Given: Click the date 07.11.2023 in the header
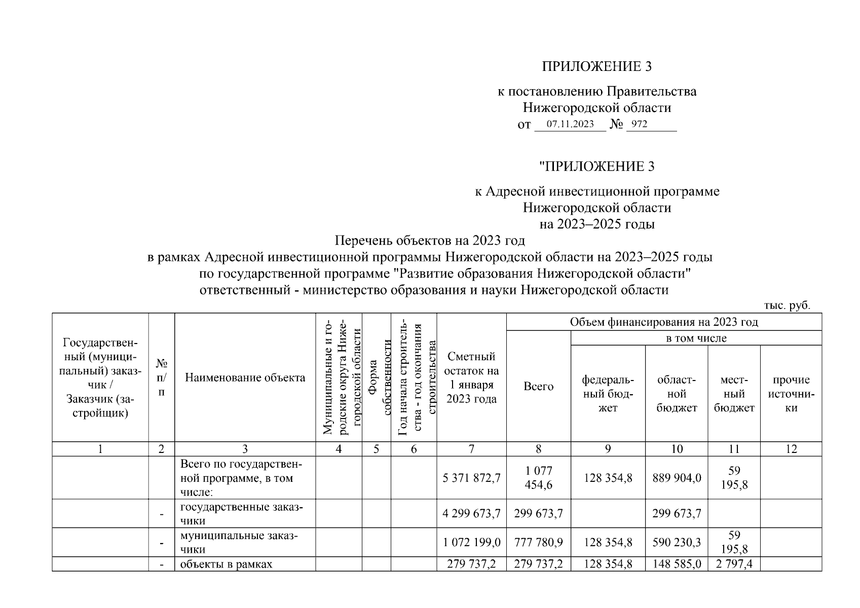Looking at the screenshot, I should (x=570, y=124).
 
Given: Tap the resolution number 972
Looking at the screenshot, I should (x=640, y=124).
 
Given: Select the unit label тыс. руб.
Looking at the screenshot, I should (x=787, y=306).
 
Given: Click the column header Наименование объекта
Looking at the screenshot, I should (x=245, y=377).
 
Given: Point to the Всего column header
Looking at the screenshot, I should (x=538, y=386).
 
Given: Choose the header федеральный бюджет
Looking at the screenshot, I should (x=608, y=394).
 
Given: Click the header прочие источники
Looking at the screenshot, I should (x=791, y=394).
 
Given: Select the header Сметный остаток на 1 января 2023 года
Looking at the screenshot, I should (x=471, y=377).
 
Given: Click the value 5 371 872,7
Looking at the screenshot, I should (x=471, y=478).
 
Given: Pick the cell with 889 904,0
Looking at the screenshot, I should (x=677, y=478).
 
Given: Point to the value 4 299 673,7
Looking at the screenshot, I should (x=471, y=514).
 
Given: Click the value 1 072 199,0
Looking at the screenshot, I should (x=471, y=542).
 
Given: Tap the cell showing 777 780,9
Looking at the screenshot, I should (x=538, y=542).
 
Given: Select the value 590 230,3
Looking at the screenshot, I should (x=677, y=542).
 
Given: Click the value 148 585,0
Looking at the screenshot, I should (x=677, y=564).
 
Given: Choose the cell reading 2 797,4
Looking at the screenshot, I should (x=734, y=564).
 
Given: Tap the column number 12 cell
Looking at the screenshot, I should (x=791, y=449).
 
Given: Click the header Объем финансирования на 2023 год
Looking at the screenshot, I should (x=664, y=322).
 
